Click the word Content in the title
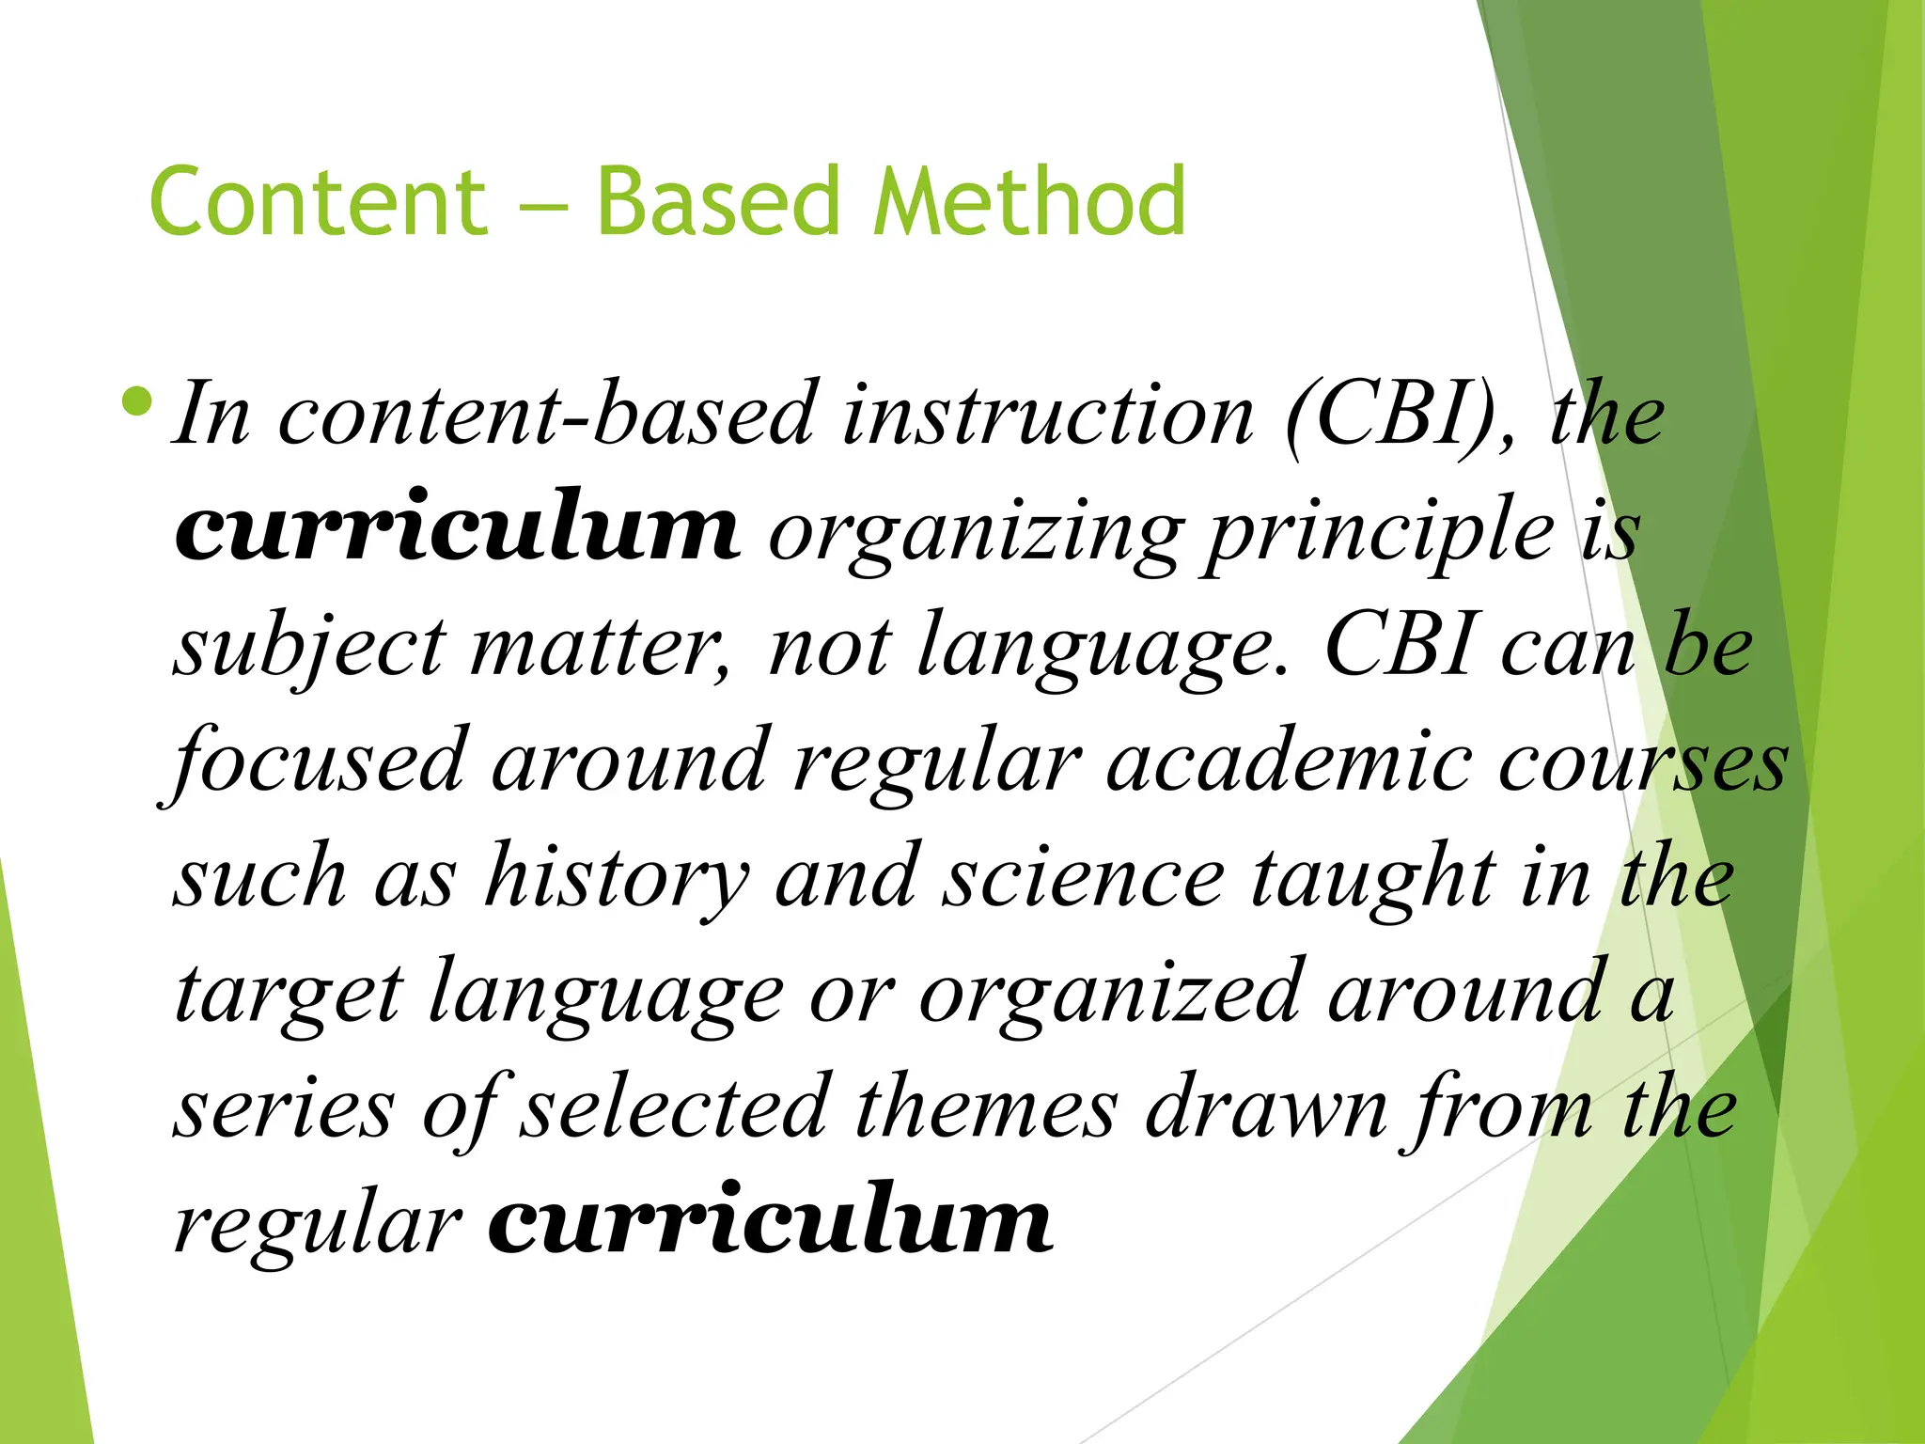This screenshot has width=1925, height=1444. pos(318,201)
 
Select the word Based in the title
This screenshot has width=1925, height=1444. pos(718,201)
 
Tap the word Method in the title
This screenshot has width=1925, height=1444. pos(1028,201)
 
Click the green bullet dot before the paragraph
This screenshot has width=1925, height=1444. pos(137,401)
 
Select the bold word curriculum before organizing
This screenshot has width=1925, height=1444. pos(457,528)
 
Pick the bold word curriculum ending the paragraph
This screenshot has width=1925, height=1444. pos(770,1221)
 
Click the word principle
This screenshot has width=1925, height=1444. pos(1381,534)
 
